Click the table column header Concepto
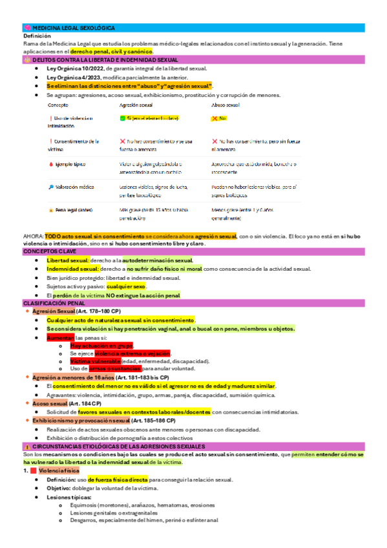pyautogui.click(x=58, y=104)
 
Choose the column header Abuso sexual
pyautogui.click(x=225, y=104)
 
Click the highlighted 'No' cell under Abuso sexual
pyautogui.click(x=222, y=119)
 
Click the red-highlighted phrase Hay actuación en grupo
pyautogui.click(x=101, y=346)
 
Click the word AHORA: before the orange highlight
pyautogui.click(x=33, y=237)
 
